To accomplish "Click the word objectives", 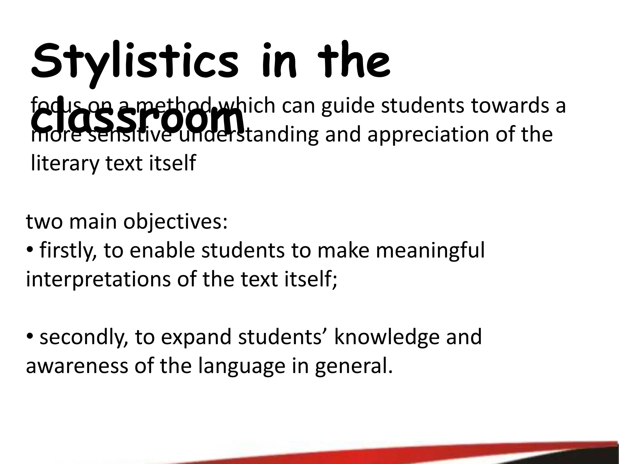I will tap(175, 222).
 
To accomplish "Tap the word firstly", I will tap(68, 251).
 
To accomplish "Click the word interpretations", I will tap(98, 279).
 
